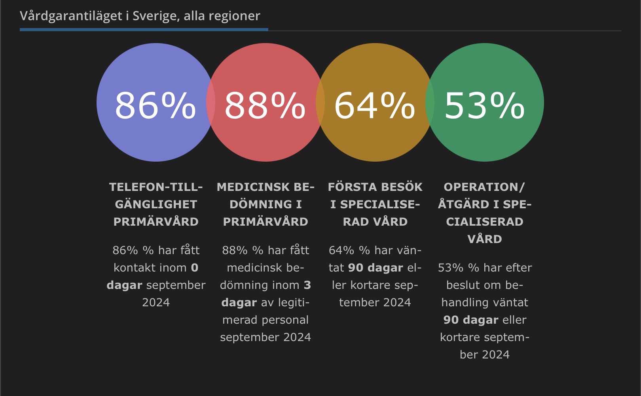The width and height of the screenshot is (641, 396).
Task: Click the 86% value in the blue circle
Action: pos(155,105)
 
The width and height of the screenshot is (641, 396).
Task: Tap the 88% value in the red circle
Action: pos(265,105)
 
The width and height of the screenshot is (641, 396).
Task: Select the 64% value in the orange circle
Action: pos(375,105)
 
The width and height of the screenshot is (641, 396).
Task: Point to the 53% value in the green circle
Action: pos(485,105)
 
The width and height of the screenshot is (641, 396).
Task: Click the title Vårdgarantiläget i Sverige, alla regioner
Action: pos(140,16)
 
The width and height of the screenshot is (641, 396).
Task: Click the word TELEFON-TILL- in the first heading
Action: pos(156,187)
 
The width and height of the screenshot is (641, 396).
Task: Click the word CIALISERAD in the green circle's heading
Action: pos(485,222)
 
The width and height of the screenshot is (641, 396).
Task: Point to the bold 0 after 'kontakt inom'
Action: pos(194,268)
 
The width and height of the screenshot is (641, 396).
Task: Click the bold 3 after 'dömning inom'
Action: pos(307,285)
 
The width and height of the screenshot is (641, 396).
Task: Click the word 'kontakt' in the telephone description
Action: pos(131,268)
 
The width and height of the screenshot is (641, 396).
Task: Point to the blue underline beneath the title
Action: pos(144,30)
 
